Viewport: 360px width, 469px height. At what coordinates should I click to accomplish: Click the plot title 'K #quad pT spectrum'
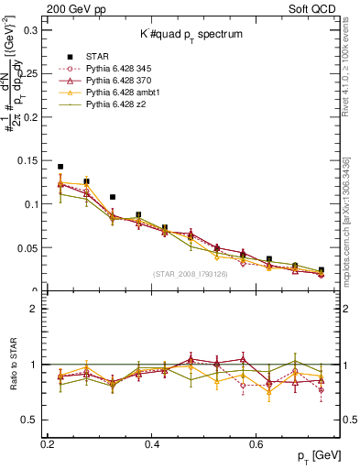click(x=191, y=34)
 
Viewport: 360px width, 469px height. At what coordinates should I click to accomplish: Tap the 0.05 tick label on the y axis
click(x=29, y=248)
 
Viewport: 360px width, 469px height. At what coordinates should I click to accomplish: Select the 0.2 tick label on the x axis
click(x=49, y=443)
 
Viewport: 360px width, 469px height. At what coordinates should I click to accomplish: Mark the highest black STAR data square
click(x=60, y=167)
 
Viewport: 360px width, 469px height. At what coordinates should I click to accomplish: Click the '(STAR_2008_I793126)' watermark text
click(x=191, y=273)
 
